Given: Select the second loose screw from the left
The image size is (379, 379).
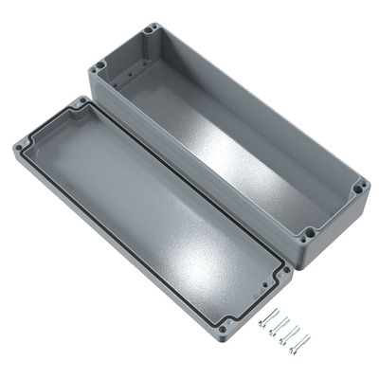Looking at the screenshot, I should (277, 326).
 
